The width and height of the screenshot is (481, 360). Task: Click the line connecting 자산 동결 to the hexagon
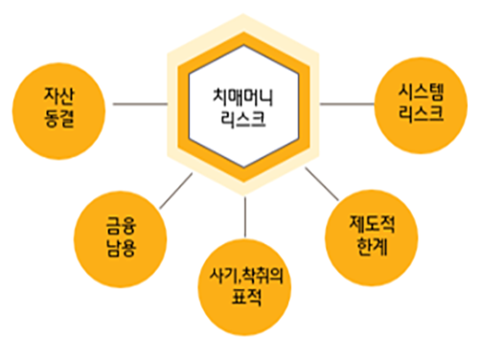140,101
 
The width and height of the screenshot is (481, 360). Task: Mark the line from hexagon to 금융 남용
173,191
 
